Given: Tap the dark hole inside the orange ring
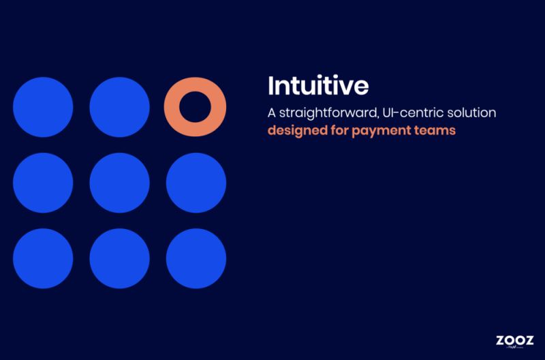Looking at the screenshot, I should [x=195, y=107].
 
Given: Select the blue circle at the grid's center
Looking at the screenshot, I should [x=119, y=183].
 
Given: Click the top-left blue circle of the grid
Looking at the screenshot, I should [x=43, y=107].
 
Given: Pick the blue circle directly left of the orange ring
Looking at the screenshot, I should [x=119, y=107].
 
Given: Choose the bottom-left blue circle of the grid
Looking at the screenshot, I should [x=43, y=259].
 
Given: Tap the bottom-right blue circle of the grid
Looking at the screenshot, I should [x=196, y=259].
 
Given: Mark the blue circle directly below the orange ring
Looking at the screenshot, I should [x=196, y=183].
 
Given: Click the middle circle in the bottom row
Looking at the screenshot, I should [x=119, y=259].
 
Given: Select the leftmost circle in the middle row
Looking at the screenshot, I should [x=43, y=183].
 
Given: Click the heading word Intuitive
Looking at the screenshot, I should [x=318, y=87].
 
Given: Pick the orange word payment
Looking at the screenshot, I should [x=378, y=130].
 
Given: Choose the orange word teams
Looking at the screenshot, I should [x=433, y=130].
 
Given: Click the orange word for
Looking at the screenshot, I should [x=337, y=130].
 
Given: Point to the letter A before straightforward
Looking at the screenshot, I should [x=272, y=112].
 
